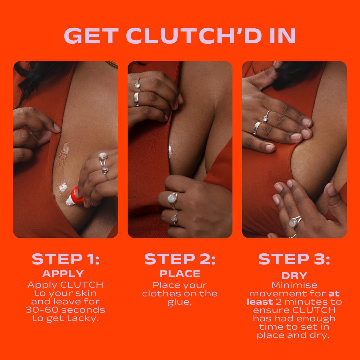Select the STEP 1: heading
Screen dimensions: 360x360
click(65, 259)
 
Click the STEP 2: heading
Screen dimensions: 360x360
click(180, 259)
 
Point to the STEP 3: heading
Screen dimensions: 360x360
click(294, 259)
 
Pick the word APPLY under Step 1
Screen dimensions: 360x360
click(63, 274)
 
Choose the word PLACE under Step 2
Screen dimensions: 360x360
click(180, 274)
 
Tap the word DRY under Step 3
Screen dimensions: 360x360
click(294, 276)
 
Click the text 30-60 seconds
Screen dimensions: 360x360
click(65, 310)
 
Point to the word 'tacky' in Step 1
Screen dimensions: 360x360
click(83, 318)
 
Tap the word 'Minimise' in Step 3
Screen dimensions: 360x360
click(294, 285)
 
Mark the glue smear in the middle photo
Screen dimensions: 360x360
click(171, 151)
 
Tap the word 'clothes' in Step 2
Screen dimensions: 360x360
click(162, 294)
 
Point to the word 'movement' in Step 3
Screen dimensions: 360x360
click(287, 294)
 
